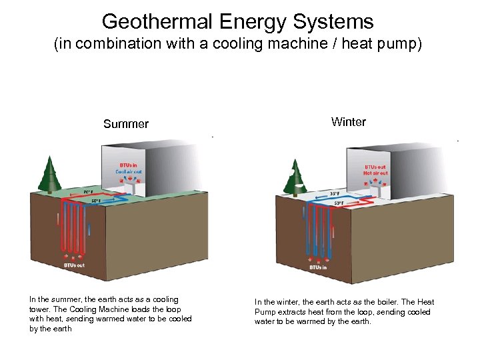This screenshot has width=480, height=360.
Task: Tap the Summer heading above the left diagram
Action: pyautogui.click(x=126, y=124)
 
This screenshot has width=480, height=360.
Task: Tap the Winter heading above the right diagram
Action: pyautogui.click(x=348, y=121)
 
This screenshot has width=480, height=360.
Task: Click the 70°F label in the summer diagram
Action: pyautogui.click(x=88, y=191)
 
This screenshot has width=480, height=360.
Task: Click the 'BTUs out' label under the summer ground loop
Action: pyautogui.click(x=74, y=265)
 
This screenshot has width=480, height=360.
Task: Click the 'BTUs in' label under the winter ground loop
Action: pyautogui.click(x=318, y=267)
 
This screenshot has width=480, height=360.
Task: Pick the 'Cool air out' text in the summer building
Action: pyautogui.click(x=129, y=171)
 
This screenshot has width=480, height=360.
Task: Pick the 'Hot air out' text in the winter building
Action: pyautogui.click(x=375, y=173)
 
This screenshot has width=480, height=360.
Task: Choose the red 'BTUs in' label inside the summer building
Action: pyautogui.click(x=129, y=165)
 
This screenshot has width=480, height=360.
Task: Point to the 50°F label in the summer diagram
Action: pyautogui.click(x=96, y=200)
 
